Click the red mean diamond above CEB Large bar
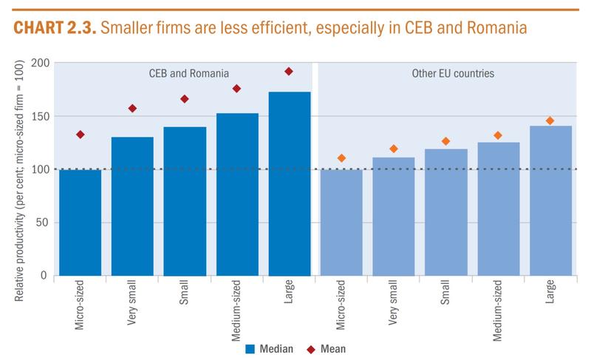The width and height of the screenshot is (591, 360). [289, 72]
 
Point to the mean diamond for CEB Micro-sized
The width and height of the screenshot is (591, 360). [80, 135]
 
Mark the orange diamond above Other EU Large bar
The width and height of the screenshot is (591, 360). [550, 120]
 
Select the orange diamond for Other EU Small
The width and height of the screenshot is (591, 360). [445, 141]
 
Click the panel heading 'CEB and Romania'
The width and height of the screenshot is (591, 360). [185, 74]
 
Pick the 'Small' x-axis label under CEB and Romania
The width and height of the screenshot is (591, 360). [185, 294]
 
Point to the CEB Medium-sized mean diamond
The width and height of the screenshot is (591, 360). [236, 89]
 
